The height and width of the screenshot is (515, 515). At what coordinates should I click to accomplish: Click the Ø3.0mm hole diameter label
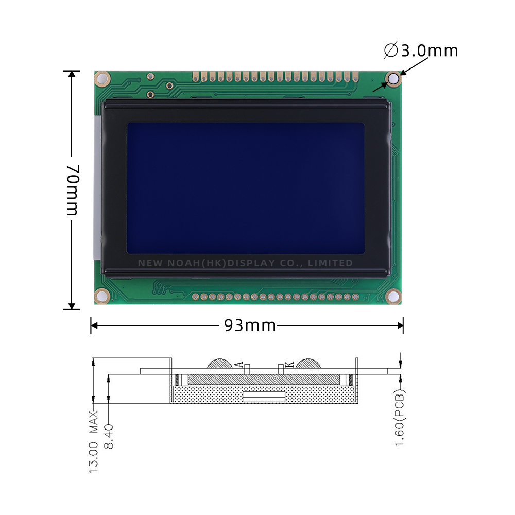(421, 50)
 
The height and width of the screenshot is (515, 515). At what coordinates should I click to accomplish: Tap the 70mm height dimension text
(72, 190)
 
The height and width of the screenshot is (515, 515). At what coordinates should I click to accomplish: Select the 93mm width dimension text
(250, 325)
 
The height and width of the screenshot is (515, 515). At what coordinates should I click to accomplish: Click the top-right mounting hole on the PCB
(394, 79)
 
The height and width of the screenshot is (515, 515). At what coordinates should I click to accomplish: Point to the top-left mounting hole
(102, 79)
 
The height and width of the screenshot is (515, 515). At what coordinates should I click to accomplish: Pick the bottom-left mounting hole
(101, 296)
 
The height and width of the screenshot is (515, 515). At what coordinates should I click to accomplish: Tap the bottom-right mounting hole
(393, 296)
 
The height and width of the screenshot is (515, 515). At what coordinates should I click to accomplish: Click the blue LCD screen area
(246, 188)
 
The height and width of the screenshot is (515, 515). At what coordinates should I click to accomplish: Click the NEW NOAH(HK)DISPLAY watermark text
(245, 263)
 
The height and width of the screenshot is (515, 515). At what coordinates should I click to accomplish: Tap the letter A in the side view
(238, 364)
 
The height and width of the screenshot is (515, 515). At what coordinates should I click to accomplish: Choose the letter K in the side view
(289, 364)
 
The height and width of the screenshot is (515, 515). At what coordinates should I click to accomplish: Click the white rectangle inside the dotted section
(264, 397)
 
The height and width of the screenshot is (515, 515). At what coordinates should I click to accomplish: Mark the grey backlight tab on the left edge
(96, 188)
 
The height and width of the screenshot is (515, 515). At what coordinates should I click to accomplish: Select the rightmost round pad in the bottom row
(355, 297)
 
